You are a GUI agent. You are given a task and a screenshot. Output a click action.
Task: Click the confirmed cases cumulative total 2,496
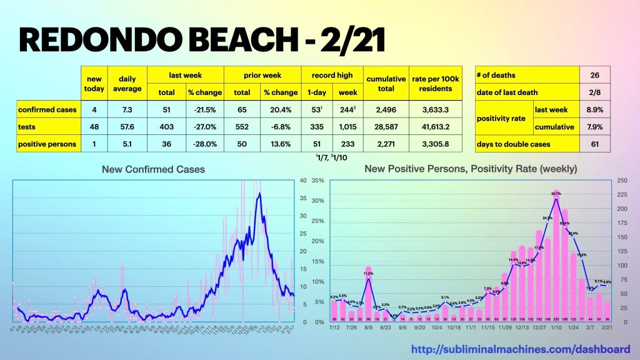coord(386,109)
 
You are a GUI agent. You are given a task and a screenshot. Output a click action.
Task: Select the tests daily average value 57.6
coord(127,127)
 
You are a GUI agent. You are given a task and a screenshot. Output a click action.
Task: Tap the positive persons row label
coord(47,144)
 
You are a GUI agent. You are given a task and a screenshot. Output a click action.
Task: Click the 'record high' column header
coord(332,75)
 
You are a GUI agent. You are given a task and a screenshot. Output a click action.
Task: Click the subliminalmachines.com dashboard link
coord(520,349)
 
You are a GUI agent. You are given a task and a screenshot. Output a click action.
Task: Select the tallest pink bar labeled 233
coord(556,256)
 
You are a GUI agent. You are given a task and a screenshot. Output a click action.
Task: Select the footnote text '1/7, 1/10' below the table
coord(332,156)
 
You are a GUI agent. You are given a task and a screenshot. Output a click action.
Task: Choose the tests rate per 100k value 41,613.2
coord(436,127)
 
